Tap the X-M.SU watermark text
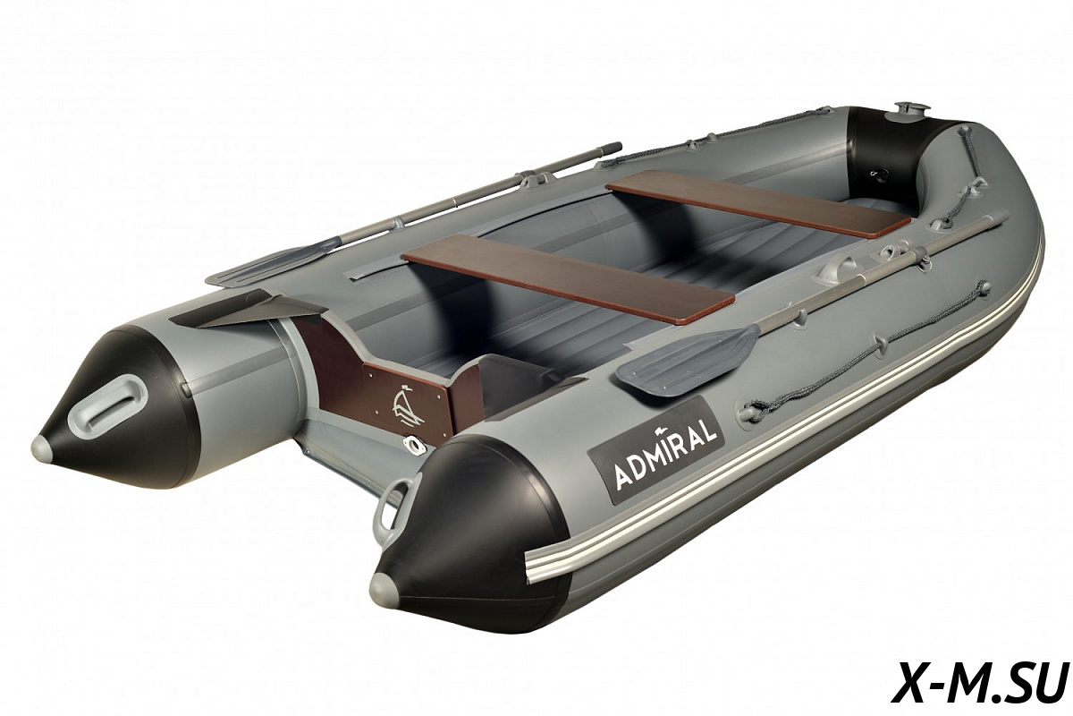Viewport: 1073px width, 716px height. click(981, 680)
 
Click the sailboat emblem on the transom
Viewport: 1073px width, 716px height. click(407, 405)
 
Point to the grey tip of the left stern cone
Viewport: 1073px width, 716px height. click(42, 447)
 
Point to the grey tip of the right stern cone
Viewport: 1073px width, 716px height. click(384, 586)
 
